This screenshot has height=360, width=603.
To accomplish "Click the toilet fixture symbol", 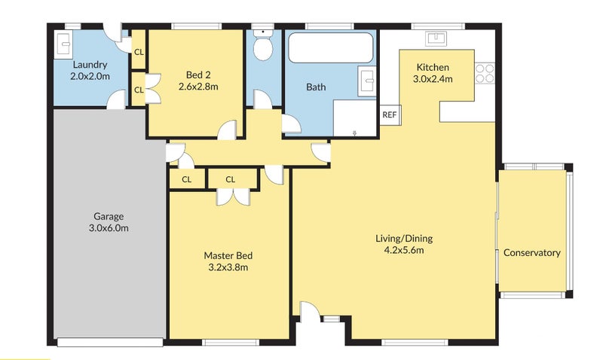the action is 263,45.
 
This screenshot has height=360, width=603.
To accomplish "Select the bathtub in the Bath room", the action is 331,47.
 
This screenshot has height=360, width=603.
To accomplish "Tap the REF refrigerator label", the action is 390,114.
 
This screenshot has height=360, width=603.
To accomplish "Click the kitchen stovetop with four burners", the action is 485,73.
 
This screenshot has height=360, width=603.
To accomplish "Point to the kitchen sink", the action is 436,38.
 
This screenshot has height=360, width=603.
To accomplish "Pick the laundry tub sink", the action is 63,45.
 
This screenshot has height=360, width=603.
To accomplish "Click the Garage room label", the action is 109,216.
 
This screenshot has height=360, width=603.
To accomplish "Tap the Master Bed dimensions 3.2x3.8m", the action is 228,267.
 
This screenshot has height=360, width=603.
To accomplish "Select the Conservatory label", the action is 532,253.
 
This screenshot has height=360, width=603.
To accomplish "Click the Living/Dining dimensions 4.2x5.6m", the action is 404,251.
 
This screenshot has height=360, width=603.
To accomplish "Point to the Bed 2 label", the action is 198,75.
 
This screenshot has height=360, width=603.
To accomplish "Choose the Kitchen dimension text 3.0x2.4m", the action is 433,79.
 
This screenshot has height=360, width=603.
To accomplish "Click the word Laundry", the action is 90,65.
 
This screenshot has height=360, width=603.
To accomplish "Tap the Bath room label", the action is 316,87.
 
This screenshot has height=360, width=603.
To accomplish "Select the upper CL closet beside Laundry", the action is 139,52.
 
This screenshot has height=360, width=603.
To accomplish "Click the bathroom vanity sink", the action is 367,81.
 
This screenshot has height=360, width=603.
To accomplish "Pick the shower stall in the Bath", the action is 354,118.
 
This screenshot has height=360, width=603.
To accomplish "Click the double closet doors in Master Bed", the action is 233,197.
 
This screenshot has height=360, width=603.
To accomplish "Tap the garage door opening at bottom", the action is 110,342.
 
